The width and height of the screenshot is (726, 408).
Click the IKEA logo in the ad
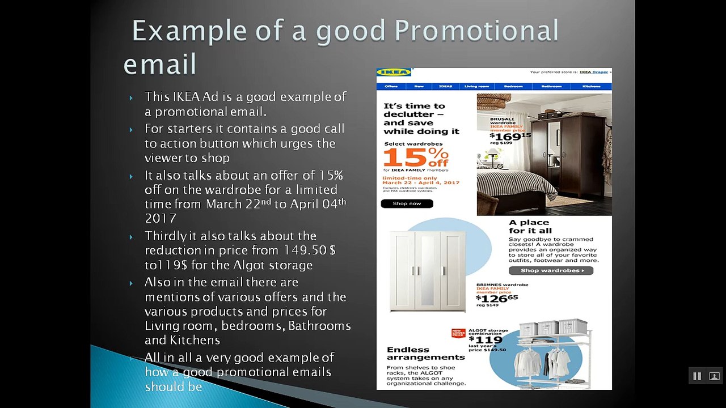[x=394, y=73]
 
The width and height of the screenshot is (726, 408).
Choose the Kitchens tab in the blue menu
[x=591, y=87]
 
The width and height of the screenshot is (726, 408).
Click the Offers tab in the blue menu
[x=391, y=87]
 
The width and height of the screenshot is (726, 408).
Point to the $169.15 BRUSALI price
[x=510, y=136]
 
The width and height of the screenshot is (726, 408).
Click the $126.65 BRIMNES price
[x=496, y=298]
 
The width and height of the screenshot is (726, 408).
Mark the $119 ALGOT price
[x=489, y=340]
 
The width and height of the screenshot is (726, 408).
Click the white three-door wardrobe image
[x=428, y=271]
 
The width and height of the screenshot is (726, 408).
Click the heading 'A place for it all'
[x=530, y=227]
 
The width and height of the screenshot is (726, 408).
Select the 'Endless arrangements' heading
[x=425, y=353]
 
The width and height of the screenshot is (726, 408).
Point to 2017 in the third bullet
[x=161, y=219]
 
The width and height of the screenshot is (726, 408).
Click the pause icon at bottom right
[x=697, y=376]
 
